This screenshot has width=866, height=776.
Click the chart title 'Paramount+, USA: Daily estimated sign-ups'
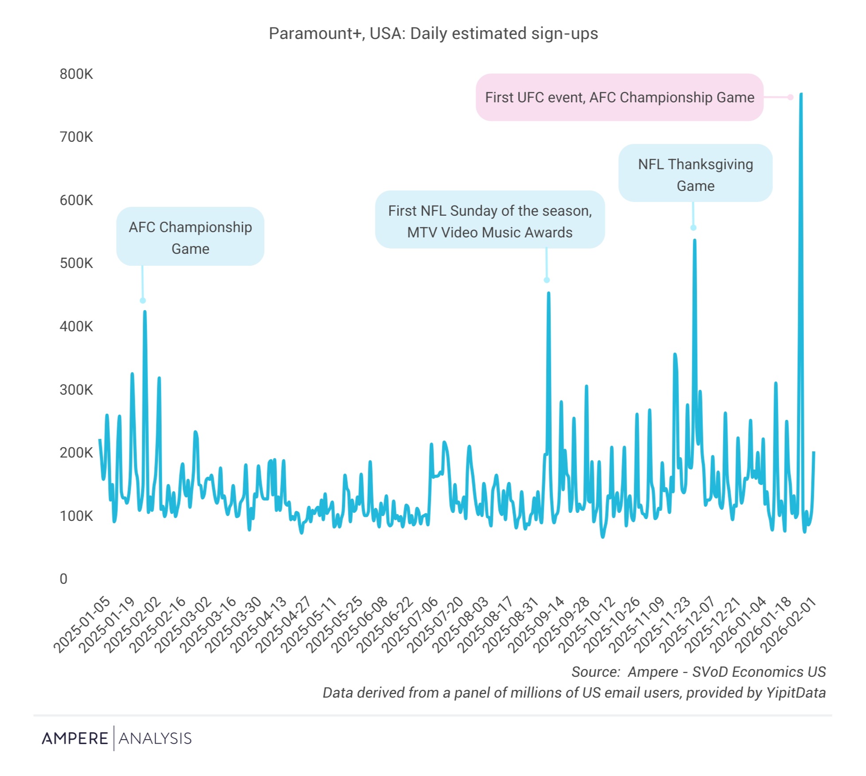[433, 34]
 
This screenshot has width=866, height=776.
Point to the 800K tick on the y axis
[76, 74]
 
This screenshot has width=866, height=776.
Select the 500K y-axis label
[76, 263]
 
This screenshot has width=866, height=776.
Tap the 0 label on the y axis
[63, 579]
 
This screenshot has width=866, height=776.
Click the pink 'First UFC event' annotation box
[619, 97]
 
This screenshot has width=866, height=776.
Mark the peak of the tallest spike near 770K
[801, 94]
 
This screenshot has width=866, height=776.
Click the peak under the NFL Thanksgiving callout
[694, 241]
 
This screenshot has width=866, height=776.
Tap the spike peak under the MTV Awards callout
[549, 293]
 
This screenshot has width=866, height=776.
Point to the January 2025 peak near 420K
[145, 312]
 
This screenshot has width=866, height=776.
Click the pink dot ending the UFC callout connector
[790, 97]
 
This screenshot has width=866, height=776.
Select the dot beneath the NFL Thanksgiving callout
[693, 228]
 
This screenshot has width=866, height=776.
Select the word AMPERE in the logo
[75, 738]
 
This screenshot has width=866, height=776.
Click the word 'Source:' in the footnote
[595, 672]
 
